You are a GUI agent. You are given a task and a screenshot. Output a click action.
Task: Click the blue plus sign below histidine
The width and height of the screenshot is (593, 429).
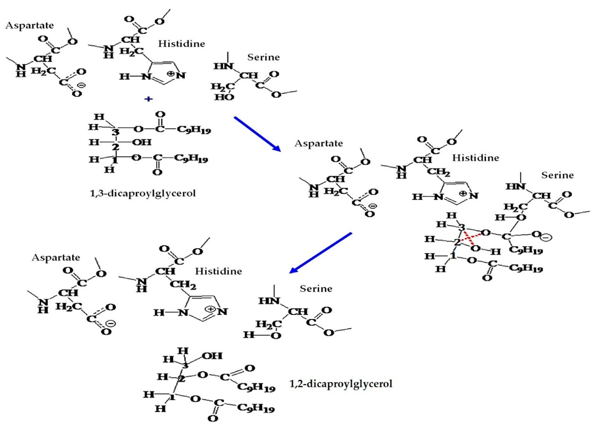pyautogui.click(x=148, y=99)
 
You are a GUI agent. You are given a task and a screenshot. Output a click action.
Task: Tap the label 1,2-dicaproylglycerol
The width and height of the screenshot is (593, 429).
pyautogui.click(x=341, y=384)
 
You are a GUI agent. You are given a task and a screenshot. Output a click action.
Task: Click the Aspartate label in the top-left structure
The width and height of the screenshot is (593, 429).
pyautogui.click(x=29, y=25)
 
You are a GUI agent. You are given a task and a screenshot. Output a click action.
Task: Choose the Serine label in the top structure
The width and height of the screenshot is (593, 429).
pyautogui.click(x=263, y=57)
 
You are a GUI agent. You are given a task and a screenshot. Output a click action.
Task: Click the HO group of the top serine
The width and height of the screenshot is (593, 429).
pyautogui.click(x=224, y=97)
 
